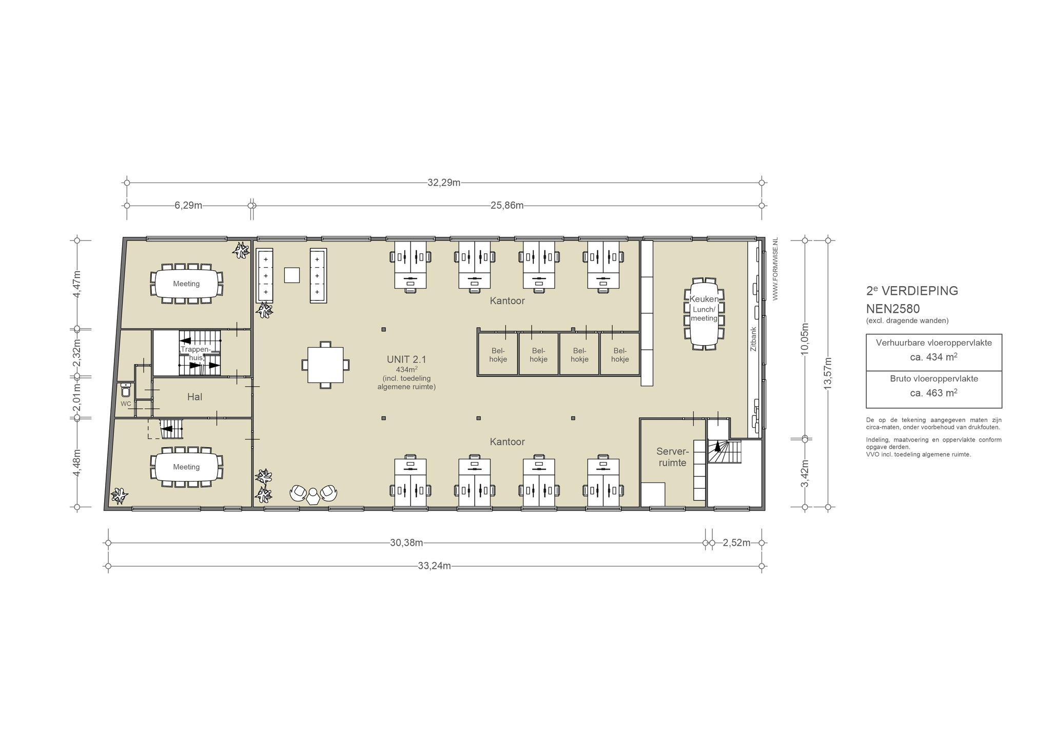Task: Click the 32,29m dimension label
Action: tap(444, 183)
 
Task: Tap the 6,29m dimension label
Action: tap(188, 206)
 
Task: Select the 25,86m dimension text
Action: tap(507, 206)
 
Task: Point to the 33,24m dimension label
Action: tap(435, 566)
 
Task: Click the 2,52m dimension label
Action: tap(736, 543)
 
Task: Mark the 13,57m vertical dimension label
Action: tap(828, 373)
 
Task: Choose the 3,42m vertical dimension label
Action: tap(805, 473)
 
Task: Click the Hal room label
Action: tap(195, 397)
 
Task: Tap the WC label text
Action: tap(126, 404)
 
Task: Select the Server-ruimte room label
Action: tap(672, 457)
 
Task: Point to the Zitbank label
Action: tap(753, 339)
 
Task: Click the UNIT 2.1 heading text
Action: tap(406, 360)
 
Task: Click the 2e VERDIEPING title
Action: tap(912, 290)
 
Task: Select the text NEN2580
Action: tap(892, 309)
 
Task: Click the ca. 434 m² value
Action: tap(933, 357)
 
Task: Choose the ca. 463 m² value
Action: tap(933, 393)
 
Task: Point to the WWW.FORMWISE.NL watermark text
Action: tap(775, 269)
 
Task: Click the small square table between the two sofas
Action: tap(292, 275)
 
